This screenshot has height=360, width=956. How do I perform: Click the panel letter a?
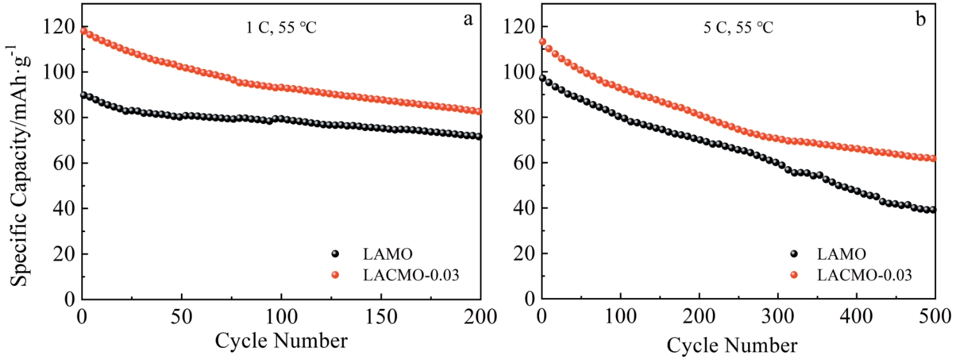click(x=468, y=19)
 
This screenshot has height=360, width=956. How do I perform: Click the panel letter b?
click(x=921, y=19)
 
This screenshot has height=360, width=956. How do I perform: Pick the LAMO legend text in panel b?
click(x=842, y=254)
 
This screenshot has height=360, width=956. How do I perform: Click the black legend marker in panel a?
click(x=334, y=254)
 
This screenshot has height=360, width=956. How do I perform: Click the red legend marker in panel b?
click(x=794, y=274)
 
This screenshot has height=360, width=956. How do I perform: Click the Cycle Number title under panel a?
click(x=281, y=340)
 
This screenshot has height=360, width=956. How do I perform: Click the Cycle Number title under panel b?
click(x=732, y=346)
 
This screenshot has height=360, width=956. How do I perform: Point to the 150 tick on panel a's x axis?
click(x=381, y=315)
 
